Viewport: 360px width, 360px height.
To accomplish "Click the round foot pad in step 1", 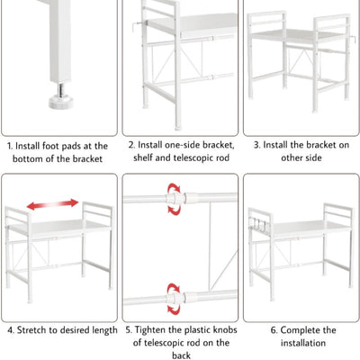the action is (x=61, y=102).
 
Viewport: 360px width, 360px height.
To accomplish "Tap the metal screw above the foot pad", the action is (x=61, y=89).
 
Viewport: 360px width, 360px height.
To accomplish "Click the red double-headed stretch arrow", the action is (x=52, y=204).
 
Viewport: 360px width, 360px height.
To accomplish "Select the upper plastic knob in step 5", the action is (x=175, y=198).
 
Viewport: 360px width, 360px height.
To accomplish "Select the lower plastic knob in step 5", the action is (x=175, y=298).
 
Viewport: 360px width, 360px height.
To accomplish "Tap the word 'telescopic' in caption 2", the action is (x=195, y=157).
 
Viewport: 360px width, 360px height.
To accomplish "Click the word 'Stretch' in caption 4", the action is (x=31, y=330).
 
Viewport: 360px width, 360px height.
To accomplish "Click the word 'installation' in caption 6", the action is (x=303, y=343).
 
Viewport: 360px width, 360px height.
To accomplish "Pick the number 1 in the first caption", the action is (x=10, y=146).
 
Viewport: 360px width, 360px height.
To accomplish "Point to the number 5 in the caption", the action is (x=129, y=330).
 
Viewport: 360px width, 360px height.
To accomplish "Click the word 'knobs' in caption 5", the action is (x=225, y=329).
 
